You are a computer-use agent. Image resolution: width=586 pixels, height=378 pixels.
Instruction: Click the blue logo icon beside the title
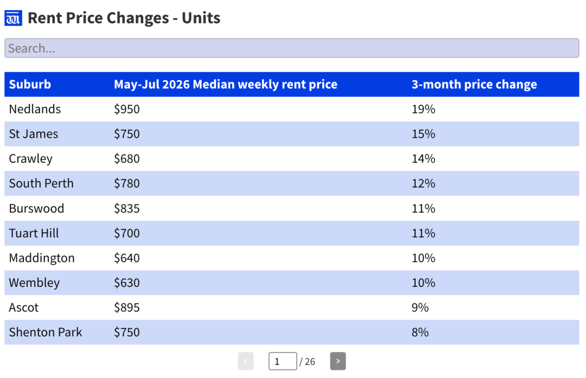(13, 18)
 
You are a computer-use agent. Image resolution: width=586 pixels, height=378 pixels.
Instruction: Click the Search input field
(291, 48)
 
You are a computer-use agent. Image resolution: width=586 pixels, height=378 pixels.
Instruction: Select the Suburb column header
(30, 85)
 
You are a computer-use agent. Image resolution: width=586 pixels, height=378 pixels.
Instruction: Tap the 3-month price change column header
(474, 85)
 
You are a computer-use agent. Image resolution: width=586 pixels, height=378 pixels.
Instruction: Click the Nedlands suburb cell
(35, 109)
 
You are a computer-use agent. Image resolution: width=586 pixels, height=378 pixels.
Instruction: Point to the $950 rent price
(126, 109)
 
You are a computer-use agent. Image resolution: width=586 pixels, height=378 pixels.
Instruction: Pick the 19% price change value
(423, 109)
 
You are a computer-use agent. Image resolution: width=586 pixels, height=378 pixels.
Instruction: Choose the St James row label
(34, 134)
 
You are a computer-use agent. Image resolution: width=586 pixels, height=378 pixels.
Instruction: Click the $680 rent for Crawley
(126, 159)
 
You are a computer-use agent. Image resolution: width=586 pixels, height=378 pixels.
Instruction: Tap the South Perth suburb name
(41, 183)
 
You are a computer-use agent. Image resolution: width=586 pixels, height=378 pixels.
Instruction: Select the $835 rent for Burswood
(126, 208)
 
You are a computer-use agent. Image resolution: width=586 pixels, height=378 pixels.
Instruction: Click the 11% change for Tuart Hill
(423, 233)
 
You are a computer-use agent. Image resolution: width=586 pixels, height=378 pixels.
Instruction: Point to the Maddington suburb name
(42, 258)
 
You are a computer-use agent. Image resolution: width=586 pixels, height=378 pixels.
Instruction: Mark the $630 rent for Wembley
(126, 283)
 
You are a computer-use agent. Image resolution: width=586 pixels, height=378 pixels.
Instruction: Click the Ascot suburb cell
(23, 307)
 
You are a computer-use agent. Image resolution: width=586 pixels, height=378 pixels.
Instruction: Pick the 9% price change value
(420, 307)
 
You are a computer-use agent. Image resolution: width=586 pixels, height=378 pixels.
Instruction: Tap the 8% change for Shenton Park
(420, 332)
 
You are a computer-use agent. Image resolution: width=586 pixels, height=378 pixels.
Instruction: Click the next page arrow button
(338, 361)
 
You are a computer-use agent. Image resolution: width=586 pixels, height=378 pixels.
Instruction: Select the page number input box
(283, 361)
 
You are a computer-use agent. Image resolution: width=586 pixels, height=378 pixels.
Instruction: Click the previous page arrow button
(246, 361)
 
